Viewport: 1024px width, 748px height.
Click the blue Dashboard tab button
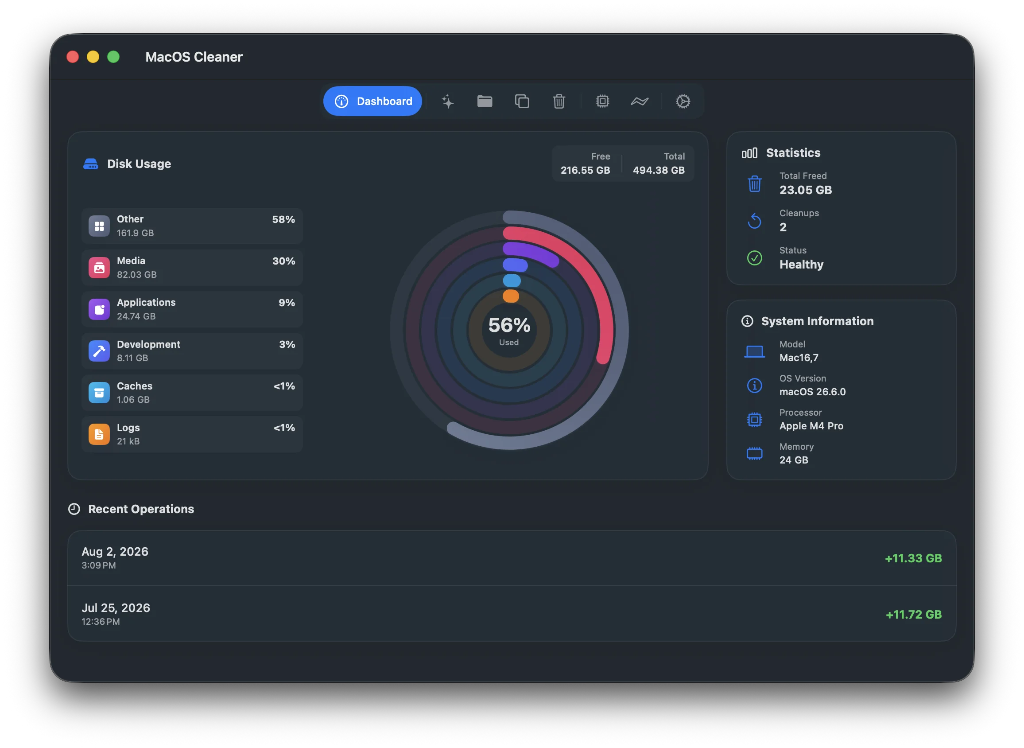pyautogui.click(x=372, y=101)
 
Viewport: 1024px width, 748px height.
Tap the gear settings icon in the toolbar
pyautogui.click(x=683, y=101)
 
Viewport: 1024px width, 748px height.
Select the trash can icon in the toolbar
pyautogui.click(x=559, y=101)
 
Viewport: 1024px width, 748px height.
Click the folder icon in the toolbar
pyautogui.click(x=485, y=101)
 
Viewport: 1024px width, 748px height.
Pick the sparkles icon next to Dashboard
pyautogui.click(x=447, y=101)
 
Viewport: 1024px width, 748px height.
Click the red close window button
pyautogui.click(x=73, y=57)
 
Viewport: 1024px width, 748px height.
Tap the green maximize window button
pyautogui.click(x=113, y=57)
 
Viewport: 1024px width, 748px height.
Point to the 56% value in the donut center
pyautogui.click(x=509, y=325)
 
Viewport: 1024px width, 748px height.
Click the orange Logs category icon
pyautogui.click(x=99, y=434)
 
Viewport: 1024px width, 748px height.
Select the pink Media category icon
pyautogui.click(x=99, y=268)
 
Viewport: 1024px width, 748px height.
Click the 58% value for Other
pyautogui.click(x=283, y=219)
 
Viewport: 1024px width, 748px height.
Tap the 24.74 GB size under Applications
pyautogui.click(x=136, y=316)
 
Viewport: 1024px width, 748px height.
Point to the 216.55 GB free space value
pyautogui.click(x=585, y=170)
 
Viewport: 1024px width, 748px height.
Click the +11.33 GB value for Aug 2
pyautogui.click(x=913, y=558)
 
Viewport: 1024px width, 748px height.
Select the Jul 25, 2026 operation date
pyautogui.click(x=116, y=608)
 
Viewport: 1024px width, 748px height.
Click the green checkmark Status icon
pyautogui.click(x=754, y=258)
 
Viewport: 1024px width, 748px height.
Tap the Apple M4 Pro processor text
pyautogui.click(x=811, y=426)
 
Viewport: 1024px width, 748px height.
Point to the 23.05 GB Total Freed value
pyautogui.click(x=806, y=190)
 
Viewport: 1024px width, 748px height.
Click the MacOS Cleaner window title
pyautogui.click(x=194, y=57)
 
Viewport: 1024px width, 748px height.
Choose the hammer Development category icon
pyautogui.click(x=99, y=351)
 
